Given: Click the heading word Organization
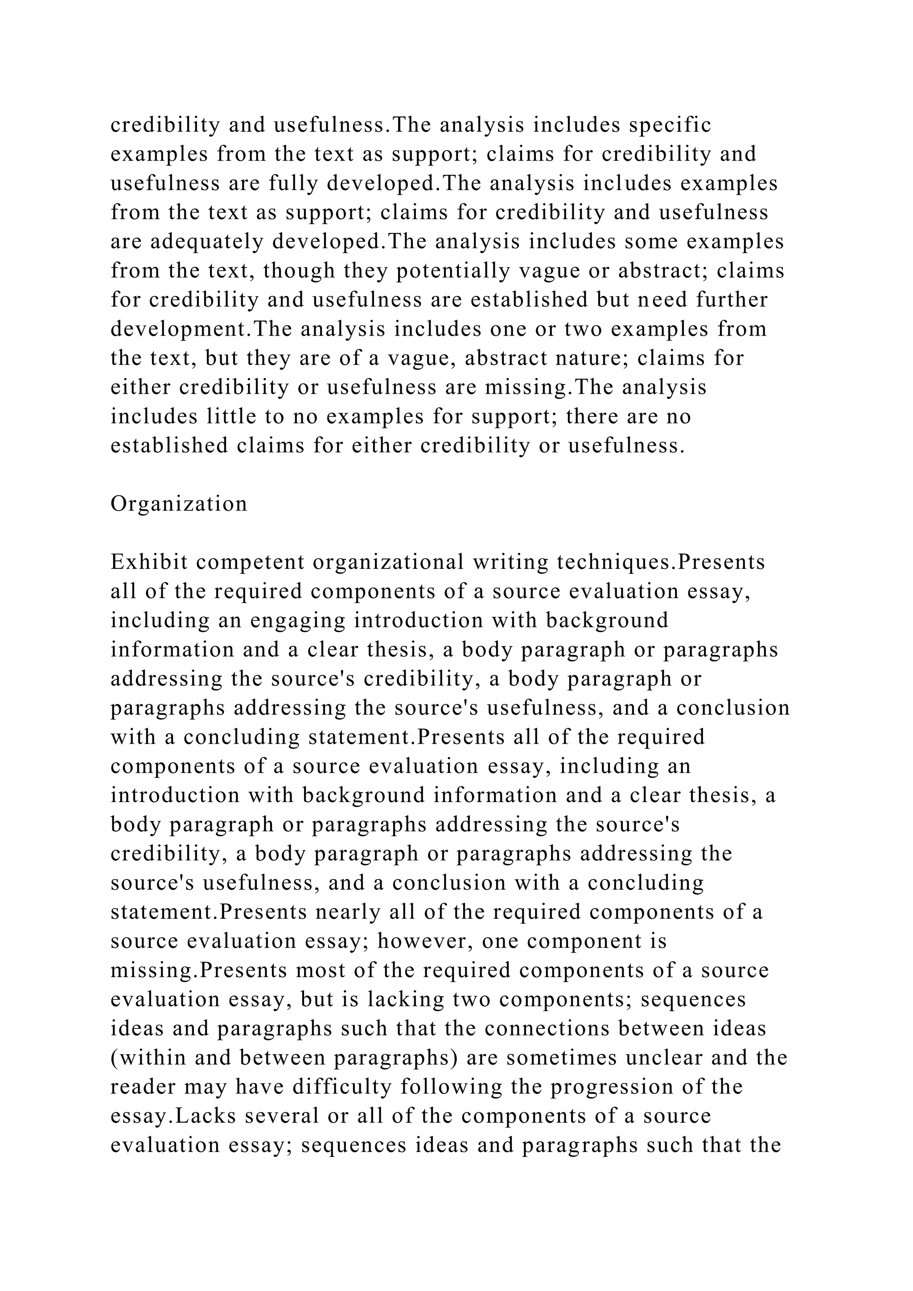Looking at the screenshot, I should click(x=179, y=504).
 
